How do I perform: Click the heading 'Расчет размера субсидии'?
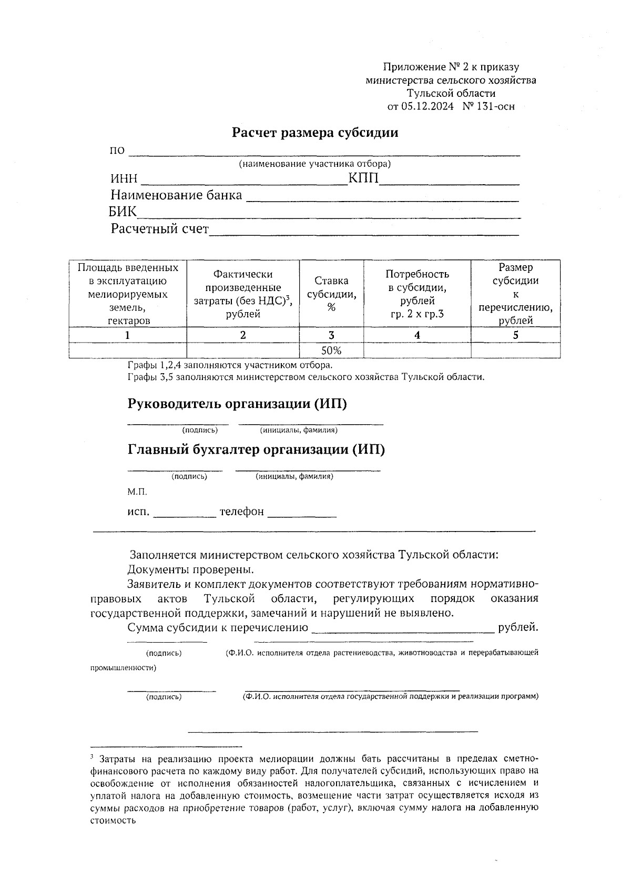point(315,133)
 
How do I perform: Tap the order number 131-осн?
point(495,107)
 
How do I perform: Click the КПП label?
point(363,179)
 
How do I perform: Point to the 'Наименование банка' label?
point(176,195)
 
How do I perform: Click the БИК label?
point(123,212)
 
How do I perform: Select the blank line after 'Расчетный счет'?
point(364,232)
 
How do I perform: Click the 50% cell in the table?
point(331,351)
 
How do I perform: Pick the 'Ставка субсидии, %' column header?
point(331,294)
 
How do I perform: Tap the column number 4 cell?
point(417,335)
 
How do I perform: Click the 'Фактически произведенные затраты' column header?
point(243,294)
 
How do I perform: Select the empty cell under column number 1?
point(128,351)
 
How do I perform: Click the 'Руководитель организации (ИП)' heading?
point(237,404)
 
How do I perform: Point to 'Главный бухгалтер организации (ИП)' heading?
point(256,450)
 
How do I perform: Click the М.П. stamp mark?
point(137,492)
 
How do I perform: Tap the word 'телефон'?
point(241,512)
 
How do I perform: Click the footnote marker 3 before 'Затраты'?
point(92,757)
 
